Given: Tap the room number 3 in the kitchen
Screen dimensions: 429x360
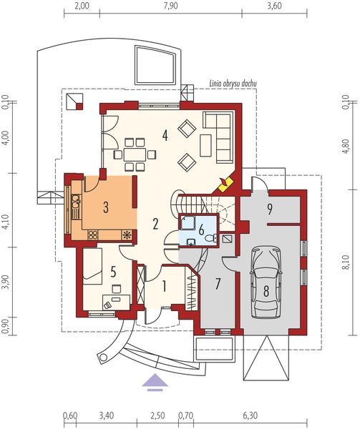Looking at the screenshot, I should (x=106, y=208).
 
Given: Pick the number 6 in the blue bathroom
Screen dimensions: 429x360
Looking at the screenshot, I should (x=202, y=230).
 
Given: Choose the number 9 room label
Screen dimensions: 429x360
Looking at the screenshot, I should (x=270, y=209).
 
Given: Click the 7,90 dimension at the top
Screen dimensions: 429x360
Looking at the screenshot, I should (x=170, y=6).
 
